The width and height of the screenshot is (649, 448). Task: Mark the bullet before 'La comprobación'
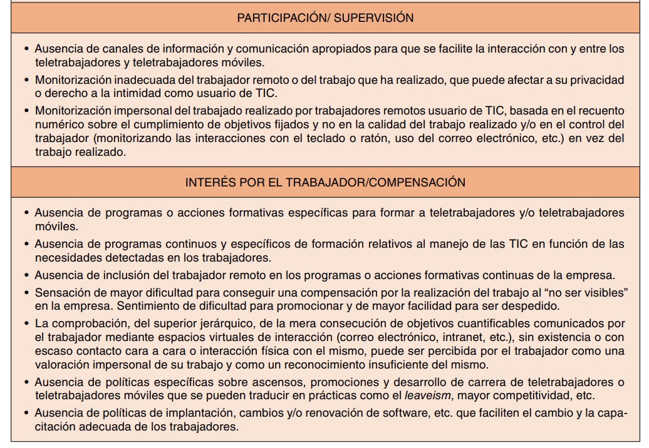coord(26,323)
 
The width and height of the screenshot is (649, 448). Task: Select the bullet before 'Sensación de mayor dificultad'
coord(26,292)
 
